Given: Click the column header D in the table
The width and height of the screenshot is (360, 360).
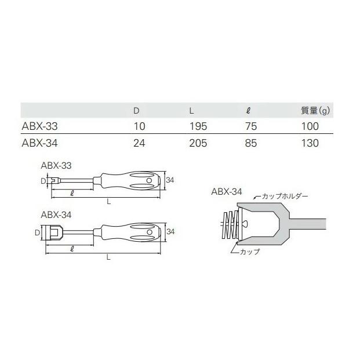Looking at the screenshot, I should click(136, 109).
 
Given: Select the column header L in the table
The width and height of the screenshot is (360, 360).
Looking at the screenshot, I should click(192, 109).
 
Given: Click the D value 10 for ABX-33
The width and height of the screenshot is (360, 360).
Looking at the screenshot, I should click(137, 125).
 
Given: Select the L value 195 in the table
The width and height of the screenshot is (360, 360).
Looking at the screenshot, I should click(197, 125).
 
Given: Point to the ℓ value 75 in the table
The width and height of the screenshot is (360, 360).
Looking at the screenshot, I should click(250, 125).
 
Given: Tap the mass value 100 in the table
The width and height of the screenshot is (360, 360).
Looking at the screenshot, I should click(311, 125).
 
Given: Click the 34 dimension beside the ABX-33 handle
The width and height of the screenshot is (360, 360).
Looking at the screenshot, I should click(170, 181).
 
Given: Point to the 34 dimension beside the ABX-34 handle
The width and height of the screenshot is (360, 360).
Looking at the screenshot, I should click(170, 232).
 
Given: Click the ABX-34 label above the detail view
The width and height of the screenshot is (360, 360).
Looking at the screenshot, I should click(226, 191).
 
